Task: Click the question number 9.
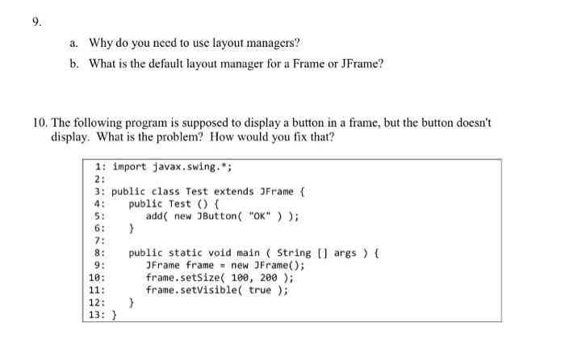coord(37,23)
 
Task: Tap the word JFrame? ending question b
coord(362,64)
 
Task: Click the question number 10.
coord(40,123)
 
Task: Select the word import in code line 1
coord(129,167)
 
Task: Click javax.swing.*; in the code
coord(192,167)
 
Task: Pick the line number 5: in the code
coord(100,216)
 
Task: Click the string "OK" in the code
coord(259,216)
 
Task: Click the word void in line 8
coord(220,253)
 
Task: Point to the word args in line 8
coord(345,253)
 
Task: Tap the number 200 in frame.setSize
coord(269,278)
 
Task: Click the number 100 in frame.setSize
coord(240,278)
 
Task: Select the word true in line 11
coord(259,290)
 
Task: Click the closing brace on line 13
coord(115,315)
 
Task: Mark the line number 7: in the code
coord(100,241)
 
